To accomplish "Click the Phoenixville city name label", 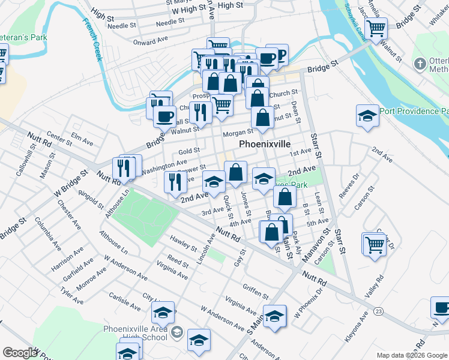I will [265, 145].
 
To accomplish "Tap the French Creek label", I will [92, 40].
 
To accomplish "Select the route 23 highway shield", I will [378, 311].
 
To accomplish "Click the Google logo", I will [20, 353].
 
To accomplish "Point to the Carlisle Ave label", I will [124, 302].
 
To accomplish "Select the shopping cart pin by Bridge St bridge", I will [376, 27].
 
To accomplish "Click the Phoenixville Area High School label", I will [135, 332].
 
